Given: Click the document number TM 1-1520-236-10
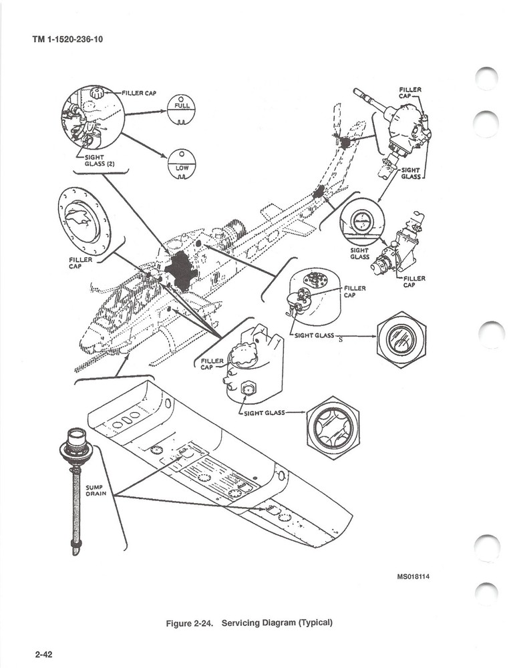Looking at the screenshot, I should pyautogui.click(x=67, y=39).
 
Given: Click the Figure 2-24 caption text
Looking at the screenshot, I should pyautogui.click(x=249, y=623).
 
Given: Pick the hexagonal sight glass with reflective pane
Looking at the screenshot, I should pyautogui.click(x=401, y=339).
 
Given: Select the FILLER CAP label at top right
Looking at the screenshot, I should pyautogui.click(x=409, y=92).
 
